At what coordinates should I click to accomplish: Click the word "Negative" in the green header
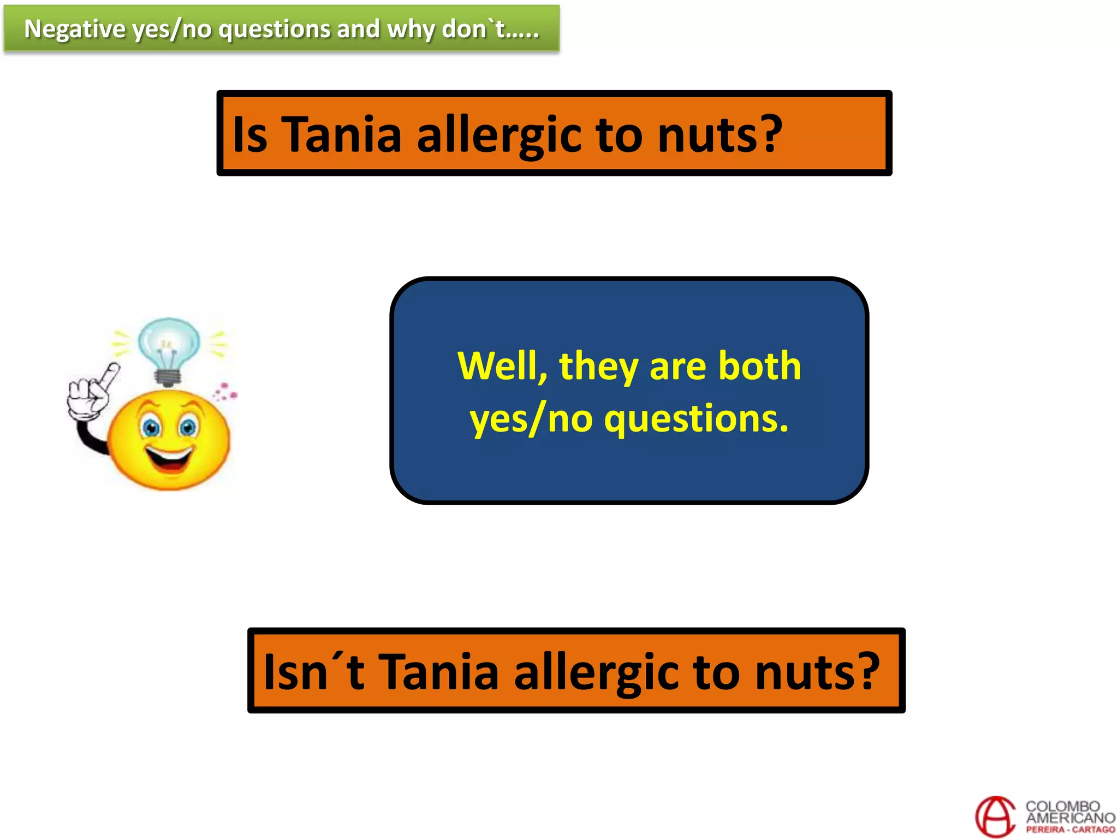pos(74,29)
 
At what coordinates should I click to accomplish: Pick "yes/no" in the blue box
pos(531,419)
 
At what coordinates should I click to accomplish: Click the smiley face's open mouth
pos(170,459)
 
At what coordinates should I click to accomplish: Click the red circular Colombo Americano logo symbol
pos(995,816)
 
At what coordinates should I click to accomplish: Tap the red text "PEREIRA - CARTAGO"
pos(1070,830)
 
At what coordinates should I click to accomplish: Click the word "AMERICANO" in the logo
pos(1070,818)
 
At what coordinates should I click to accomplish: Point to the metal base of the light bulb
pos(168,377)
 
